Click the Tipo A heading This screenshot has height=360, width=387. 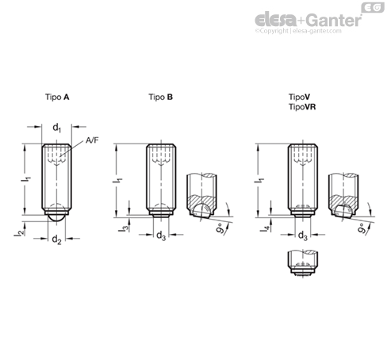click(57, 98)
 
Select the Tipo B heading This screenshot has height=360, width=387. click(160, 98)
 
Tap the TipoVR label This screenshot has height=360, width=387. click(302, 107)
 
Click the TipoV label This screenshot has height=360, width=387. click(299, 97)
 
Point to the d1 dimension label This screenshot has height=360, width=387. click(56, 128)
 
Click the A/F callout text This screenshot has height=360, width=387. click(92, 140)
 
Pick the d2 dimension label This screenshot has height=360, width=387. click(56, 239)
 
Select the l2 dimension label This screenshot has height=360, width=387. click(19, 232)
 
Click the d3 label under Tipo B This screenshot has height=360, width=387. click(161, 236)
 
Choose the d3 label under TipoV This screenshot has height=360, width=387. click(303, 236)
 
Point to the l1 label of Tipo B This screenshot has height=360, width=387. click(117, 180)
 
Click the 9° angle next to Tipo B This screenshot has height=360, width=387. click(221, 228)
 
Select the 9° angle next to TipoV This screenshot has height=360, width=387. click(362, 228)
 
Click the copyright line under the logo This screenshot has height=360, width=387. click(298, 31)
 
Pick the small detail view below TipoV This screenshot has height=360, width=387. click(303, 263)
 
